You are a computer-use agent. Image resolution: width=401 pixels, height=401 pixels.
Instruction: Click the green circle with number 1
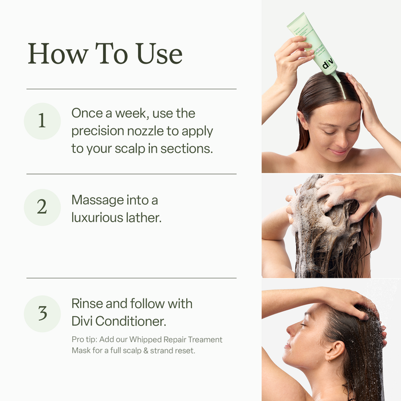tap(42, 120)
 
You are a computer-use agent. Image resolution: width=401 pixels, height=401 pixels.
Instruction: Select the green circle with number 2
tap(42, 207)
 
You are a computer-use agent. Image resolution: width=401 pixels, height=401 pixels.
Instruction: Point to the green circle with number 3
tap(42, 313)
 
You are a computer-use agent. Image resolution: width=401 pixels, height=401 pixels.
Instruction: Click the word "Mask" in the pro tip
tap(82, 350)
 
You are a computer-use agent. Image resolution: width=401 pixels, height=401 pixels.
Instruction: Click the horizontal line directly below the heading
tap(131, 89)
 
